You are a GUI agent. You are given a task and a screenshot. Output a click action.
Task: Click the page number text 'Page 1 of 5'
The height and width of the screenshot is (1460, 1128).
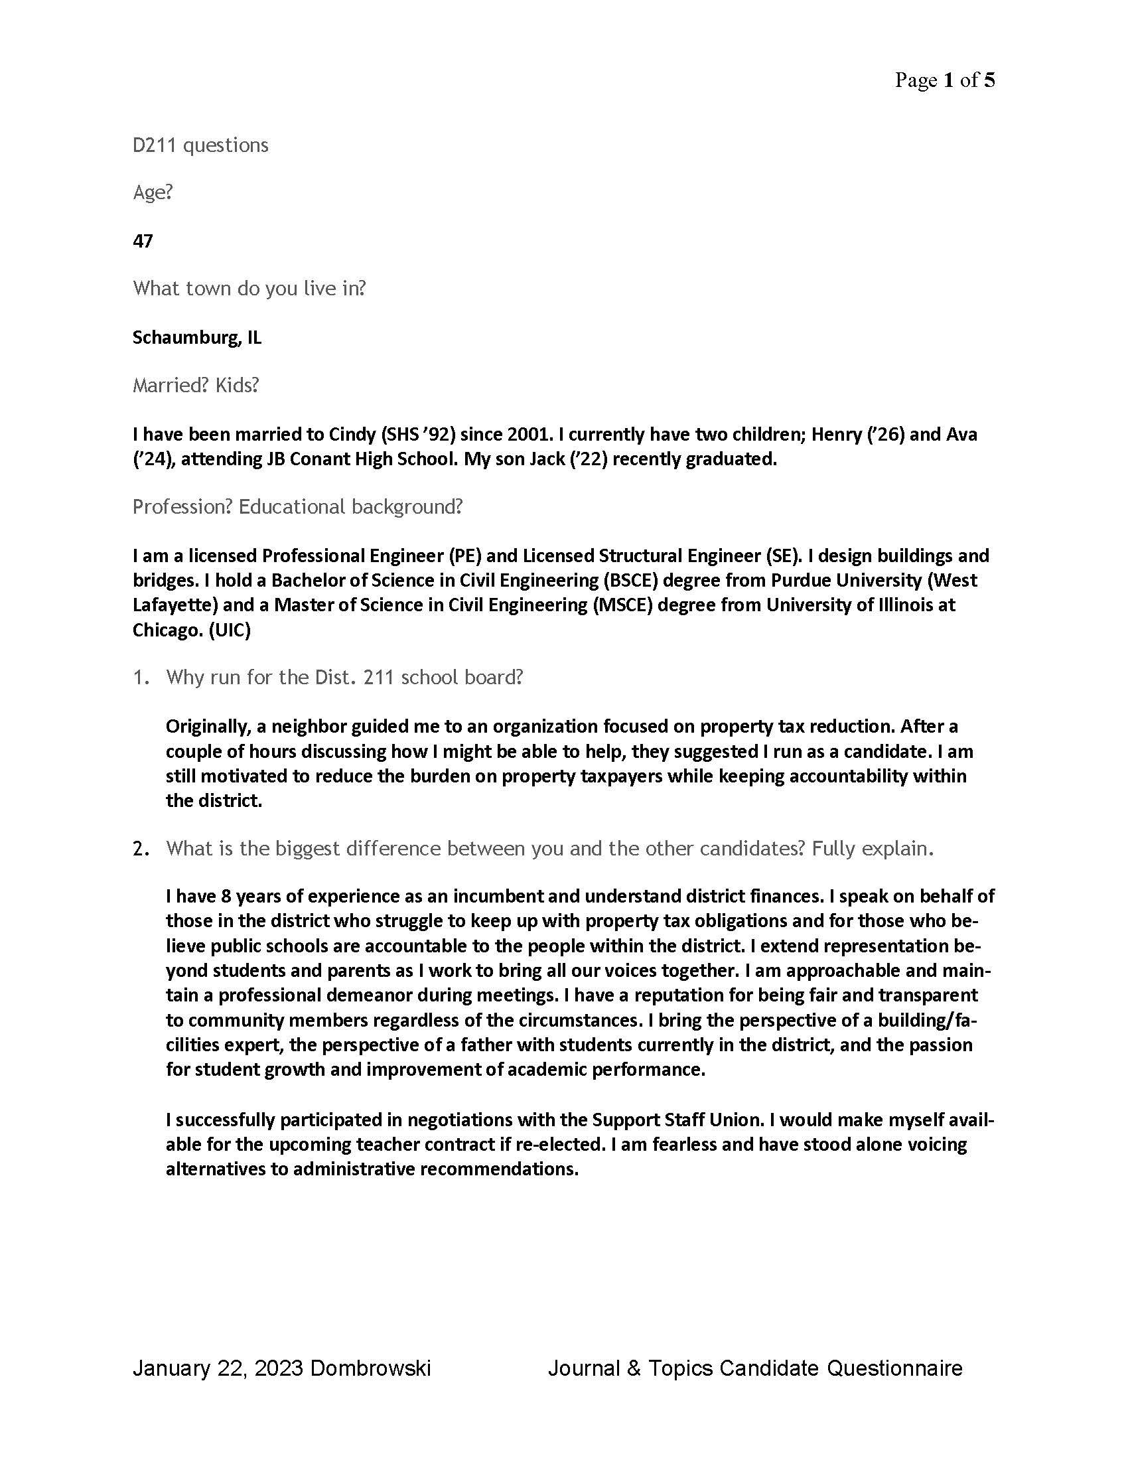(944, 81)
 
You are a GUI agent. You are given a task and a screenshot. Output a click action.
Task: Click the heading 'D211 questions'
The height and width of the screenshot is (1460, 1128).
(200, 145)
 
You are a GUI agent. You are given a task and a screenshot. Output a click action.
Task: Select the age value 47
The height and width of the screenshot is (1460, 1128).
(143, 242)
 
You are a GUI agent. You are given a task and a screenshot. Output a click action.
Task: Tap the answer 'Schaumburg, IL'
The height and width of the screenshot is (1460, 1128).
(197, 338)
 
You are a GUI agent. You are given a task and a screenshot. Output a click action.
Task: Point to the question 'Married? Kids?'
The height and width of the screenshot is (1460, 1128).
(195, 386)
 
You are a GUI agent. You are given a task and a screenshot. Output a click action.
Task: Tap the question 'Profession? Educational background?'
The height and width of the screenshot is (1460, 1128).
(297, 507)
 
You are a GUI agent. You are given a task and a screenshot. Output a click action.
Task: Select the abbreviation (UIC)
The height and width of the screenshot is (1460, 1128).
(229, 630)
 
